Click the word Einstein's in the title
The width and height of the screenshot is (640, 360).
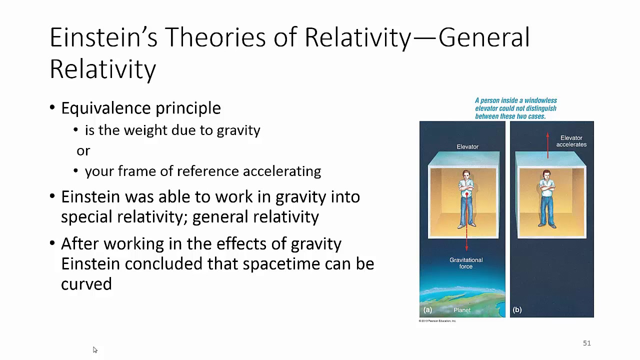(102, 37)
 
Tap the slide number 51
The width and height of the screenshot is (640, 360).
(586, 343)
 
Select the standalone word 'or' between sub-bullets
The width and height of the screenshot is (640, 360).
(83, 150)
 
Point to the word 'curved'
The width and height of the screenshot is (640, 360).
(86, 284)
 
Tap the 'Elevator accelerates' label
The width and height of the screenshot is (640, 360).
(571, 141)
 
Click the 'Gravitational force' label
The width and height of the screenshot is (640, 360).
(465, 263)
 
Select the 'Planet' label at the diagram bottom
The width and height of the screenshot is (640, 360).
(461, 310)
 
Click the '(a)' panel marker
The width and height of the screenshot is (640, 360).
(427, 310)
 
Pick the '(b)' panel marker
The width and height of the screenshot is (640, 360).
(517, 310)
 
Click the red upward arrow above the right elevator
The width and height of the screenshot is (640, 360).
(547, 145)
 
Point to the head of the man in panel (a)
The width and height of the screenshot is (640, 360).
(466, 175)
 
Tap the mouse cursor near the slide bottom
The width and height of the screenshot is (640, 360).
(95, 350)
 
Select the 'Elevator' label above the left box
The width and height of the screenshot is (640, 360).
(467, 146)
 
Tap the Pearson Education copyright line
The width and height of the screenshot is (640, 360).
(437, 321)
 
